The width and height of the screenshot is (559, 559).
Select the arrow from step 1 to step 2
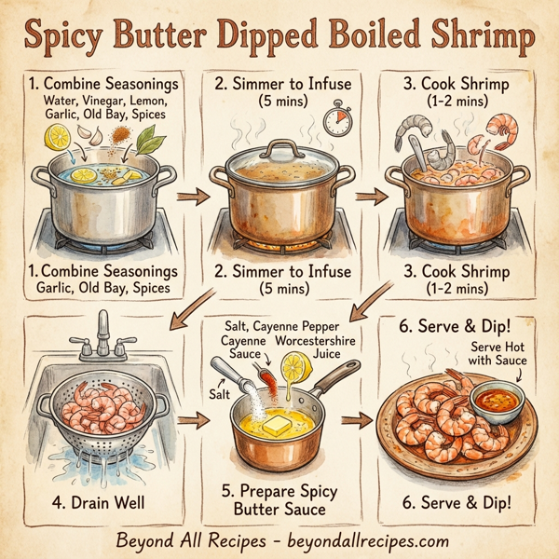(193, 198)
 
